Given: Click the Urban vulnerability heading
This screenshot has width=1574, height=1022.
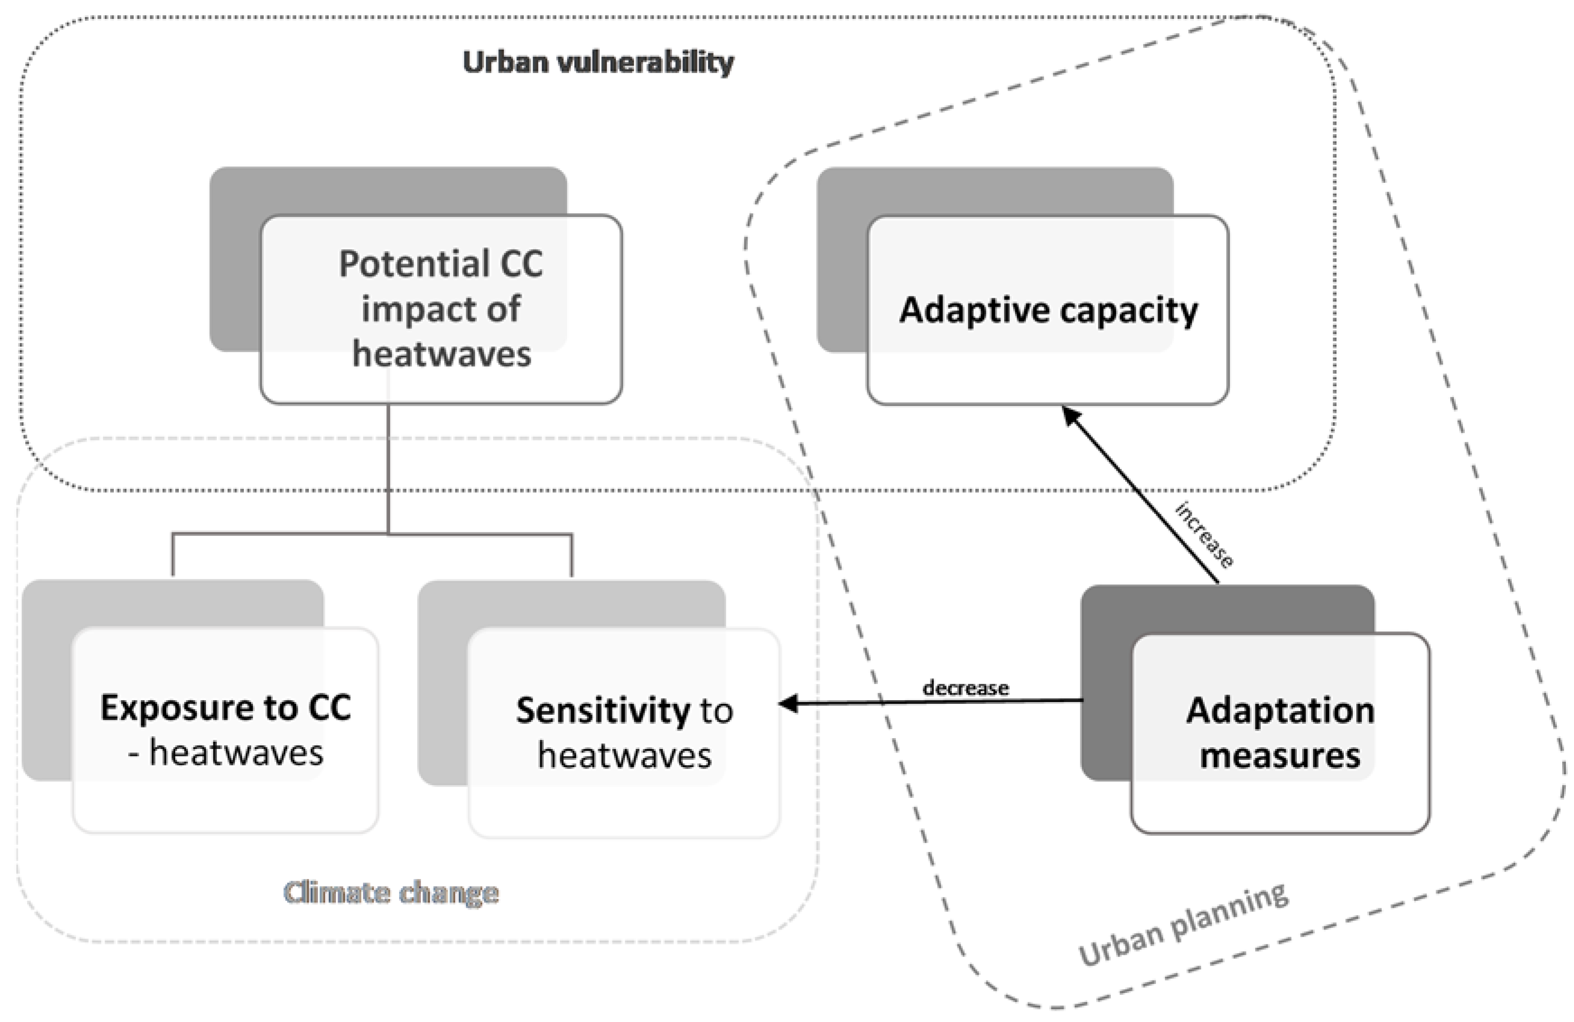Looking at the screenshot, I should pyautogui.click(x=598, y=63).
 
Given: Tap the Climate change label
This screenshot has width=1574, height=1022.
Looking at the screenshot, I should pyautogui.click(x=391, y=893).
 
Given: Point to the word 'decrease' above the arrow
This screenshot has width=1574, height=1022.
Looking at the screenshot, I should pyautogui.click(x=966, y=688).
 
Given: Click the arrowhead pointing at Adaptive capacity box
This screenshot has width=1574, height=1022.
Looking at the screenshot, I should pyautogui.click(x=1072, y=416).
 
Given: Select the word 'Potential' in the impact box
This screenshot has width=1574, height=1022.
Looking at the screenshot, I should pyautogui.click(x=414, y=264).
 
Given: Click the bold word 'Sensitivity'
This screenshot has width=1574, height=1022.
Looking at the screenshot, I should pyautogui.click(x=603, y=711).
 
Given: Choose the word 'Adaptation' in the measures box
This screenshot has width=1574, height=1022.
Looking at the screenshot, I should pyautogui.click(x=1280, y=711).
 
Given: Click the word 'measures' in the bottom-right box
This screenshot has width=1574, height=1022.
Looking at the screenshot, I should pyautogui.click(x=1280, y=755).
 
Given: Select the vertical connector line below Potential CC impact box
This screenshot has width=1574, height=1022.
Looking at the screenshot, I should pyautogui.click(x=388, y=469).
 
